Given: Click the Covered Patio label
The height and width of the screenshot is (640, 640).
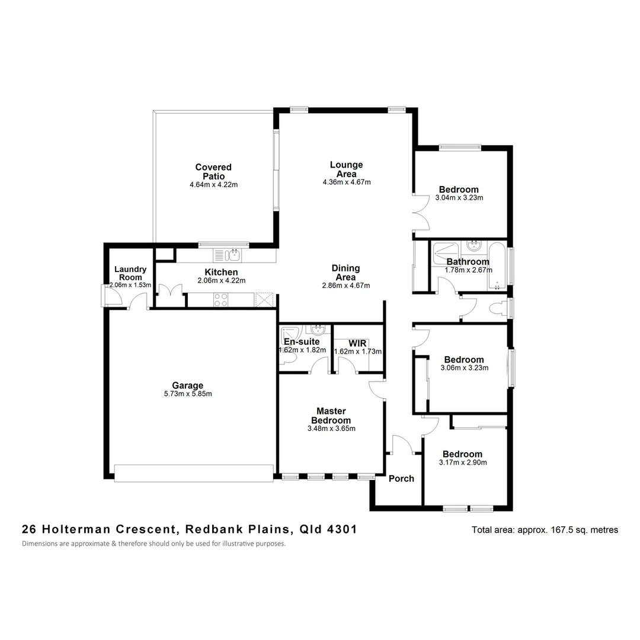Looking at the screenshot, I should click(x=213, y=172).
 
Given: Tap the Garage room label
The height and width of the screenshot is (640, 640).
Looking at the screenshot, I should click(x=188, y=385).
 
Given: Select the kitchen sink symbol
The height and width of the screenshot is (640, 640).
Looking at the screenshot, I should click(x=233, y=255).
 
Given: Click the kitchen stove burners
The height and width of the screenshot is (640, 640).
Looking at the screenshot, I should click(x=220, y=300).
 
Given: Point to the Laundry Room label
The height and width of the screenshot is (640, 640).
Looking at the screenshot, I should click(x=130, y=273).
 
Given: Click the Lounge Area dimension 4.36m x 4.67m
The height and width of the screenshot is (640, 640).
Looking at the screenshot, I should click(x=347, y=183).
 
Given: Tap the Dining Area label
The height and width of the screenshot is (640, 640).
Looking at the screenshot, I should click(x=345, y=273).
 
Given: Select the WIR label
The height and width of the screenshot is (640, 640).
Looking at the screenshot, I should click(x=359, y=343).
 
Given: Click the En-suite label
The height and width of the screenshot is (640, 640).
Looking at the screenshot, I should click(x=302, y=341).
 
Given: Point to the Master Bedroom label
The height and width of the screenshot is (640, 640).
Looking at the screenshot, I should click(x=331, y=415).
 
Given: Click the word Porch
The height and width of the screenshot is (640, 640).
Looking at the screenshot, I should click(x=401, y=478).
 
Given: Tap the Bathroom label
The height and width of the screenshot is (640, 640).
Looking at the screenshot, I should click(x=468, y=261).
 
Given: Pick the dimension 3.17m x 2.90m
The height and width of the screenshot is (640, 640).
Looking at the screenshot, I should click(x=463, y=463).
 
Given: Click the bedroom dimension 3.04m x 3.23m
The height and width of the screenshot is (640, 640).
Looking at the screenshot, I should click(x=459, y=198).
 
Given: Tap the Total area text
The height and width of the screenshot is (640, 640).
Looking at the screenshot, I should click(x=545, y=530).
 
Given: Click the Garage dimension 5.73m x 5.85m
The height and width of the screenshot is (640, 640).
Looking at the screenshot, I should click(x=188, y=394).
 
